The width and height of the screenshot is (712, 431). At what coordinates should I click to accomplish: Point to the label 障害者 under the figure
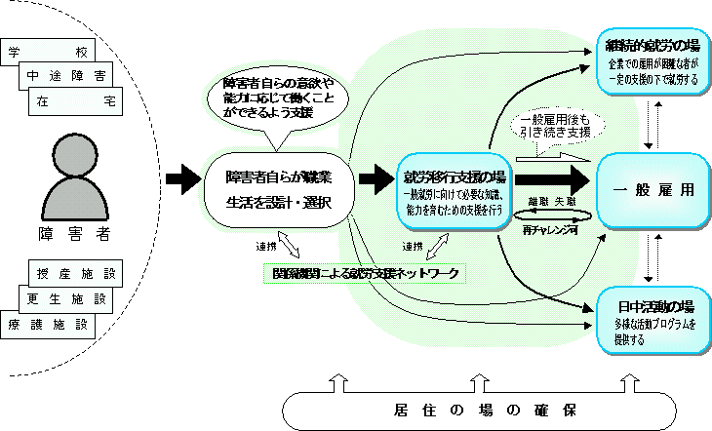(x=71, y=235)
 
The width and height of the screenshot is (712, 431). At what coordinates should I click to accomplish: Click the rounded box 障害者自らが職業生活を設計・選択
(x=279, y=189)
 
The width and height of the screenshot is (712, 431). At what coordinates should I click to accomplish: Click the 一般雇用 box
(x=651, y=189)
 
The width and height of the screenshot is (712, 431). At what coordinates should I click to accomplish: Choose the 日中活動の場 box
(x=652, y=316)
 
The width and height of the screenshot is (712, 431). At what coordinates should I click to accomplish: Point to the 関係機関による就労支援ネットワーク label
(x=367, y=274)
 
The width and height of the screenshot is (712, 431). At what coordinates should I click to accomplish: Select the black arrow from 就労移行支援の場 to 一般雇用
(x=552, y=180)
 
